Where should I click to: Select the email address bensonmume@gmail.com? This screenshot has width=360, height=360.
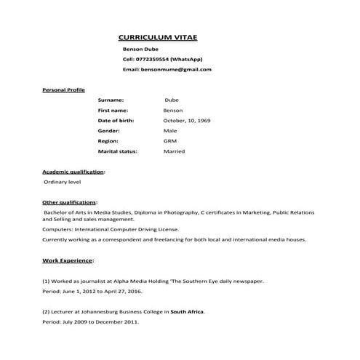(176, 69)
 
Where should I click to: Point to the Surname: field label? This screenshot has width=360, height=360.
(111, 100)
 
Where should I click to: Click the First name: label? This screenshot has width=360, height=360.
(113, 110)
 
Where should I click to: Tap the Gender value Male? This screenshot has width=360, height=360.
(170, 130)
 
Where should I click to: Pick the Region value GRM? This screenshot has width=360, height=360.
(170, 140)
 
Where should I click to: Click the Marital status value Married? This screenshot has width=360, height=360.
(175, 151)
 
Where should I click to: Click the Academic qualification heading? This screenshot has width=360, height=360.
(73, 171)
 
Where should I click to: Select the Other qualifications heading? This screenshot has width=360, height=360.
(70, 201)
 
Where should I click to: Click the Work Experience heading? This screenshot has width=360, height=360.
(68, 259)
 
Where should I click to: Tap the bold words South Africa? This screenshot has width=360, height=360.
(187, 311)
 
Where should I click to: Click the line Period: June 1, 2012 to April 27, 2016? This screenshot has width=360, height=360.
(92, 290)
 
